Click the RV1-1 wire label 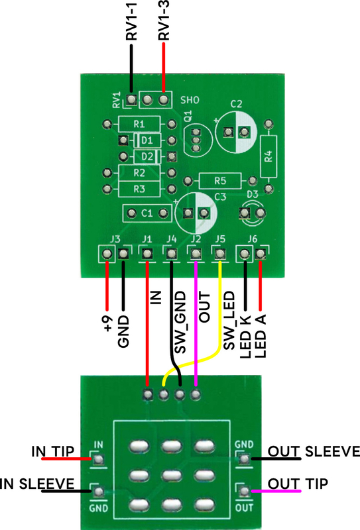pyautogui.click(x=132, y=21)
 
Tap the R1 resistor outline pyautogui.click(x=139, y=124)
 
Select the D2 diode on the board pyautogui.click(x=147, y=156)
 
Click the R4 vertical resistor pyautogui.click(x=269, y=156)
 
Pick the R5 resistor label pyautogui.click(x=220, y=181)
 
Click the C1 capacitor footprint pyautogui.click(x=147, y=213)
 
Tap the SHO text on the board pyautogui.click(x=190, y=100)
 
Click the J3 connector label pyautogui.click(x=115, y=239)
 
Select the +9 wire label pyautogui.click(x=108, y=323)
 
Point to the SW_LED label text pyautogui.click(x=229, y=321)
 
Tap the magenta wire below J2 pyautogui.click(x=196, y=323)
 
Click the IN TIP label pyautogui.click(x=53, y=452)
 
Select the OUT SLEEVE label pyautogui.click(x=314, y=452)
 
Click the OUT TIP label pyautogui.click(x=298, y=484)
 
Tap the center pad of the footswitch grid pyautogui.click(x=172, y=476)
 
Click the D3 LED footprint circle pyautogui.click(x=253, y=213)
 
